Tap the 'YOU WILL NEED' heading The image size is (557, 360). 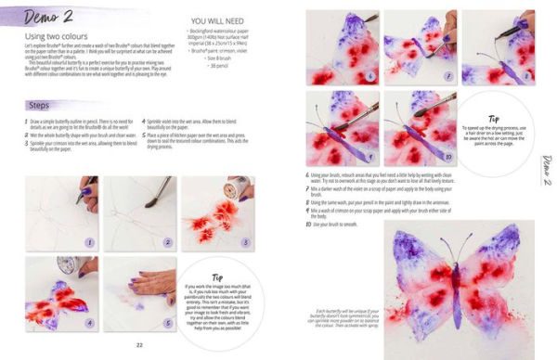(212, 20)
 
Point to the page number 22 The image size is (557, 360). (138, 345)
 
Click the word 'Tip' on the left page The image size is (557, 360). (215, 277)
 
